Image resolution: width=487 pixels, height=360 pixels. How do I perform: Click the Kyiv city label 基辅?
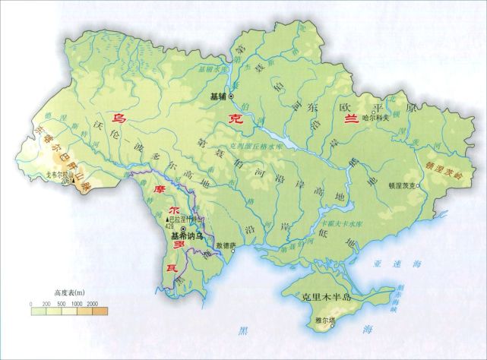pos(217,97)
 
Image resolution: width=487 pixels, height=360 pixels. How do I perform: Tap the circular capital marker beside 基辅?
pos(231,97)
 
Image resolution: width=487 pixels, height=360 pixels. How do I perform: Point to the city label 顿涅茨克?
pos(404,184)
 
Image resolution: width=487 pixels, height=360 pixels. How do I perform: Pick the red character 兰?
pos(351,121)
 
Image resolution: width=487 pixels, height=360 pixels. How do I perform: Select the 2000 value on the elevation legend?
pos(93,303)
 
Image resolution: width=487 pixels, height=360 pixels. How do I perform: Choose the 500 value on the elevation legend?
pos(62,303)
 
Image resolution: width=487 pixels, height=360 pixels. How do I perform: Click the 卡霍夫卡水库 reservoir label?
pos(340,224)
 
